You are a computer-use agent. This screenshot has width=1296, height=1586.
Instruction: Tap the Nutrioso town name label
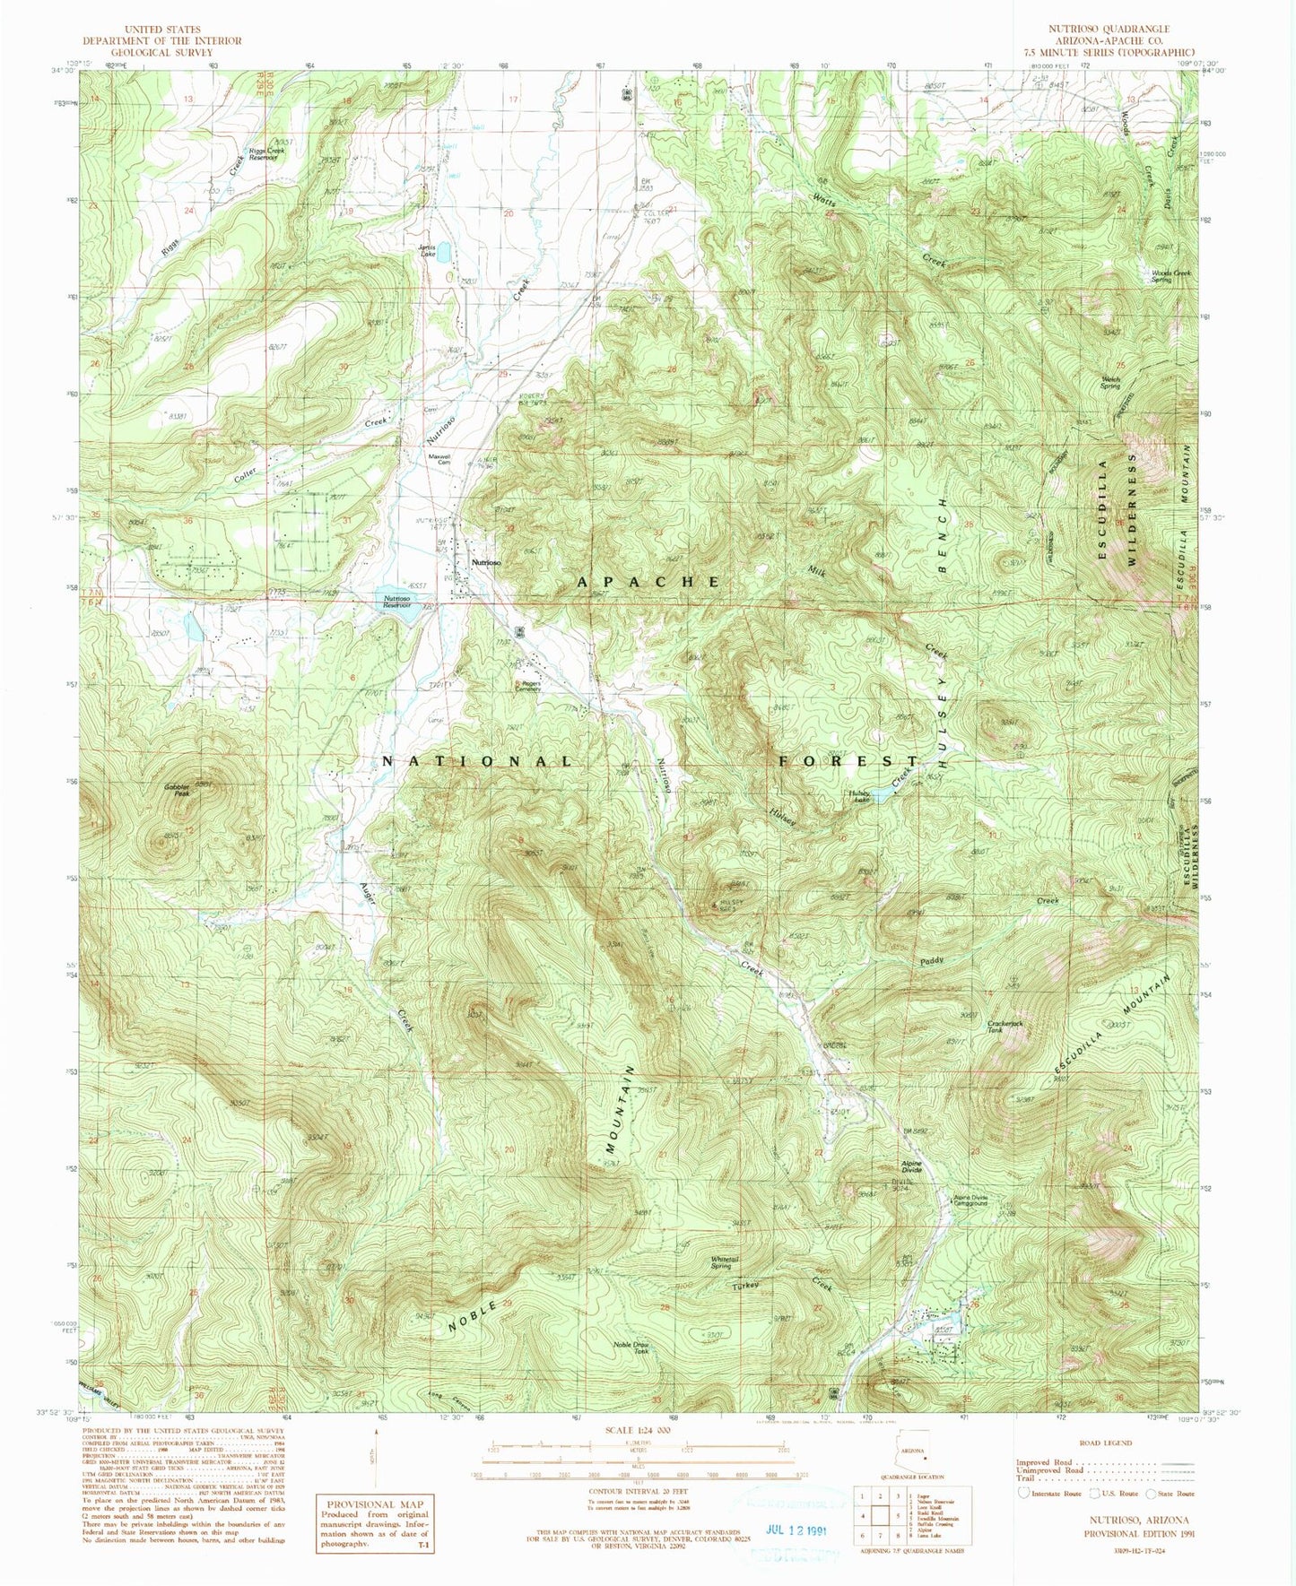[x=486, y=562]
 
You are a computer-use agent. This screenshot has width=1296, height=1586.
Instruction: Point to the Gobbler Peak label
[x=177, y=790]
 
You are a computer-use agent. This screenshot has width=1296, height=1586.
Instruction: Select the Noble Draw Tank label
[x=631, y=1348]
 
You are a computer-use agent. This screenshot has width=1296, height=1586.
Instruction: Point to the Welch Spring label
[x=1109, y=381]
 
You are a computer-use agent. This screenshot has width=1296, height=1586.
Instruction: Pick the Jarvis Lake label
[x=427, y=251]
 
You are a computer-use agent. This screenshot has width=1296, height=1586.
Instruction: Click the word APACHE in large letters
[x=648, y=582]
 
